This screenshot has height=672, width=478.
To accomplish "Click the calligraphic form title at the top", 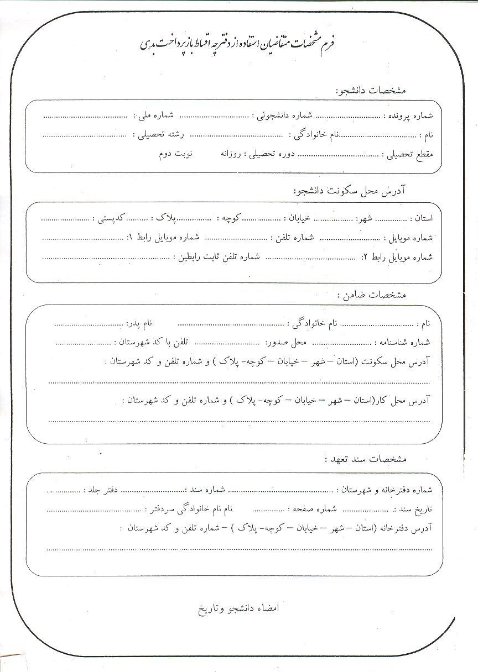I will click(239, 44).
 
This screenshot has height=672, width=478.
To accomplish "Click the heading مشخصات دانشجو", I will click(371, 90).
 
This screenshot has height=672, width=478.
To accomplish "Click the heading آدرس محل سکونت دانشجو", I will click(350, 191).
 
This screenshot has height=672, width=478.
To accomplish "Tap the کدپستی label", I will click(112, 218).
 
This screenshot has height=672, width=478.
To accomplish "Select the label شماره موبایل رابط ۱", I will click(165, 237).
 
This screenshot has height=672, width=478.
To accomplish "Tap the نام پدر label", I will click(141, 323).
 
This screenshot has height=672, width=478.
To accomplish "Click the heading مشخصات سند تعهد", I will click(365, 459).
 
